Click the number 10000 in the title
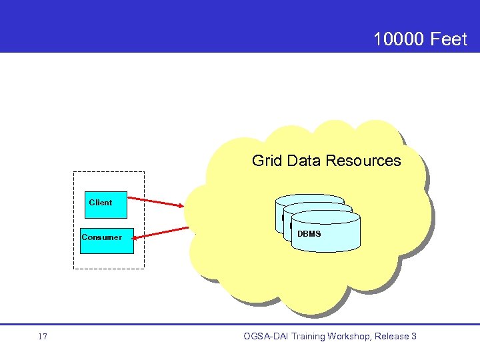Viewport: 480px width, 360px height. click(399, 39)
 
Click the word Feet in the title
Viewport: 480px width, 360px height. click(449, 39)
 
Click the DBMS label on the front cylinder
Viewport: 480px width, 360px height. click(309, 234)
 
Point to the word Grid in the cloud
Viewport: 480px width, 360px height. click(265, 161)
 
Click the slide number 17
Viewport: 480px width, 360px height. click(43, 337)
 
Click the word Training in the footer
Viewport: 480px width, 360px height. click(308, 337)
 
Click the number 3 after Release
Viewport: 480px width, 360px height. click(414, 337)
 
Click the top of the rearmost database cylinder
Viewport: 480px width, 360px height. click(309, 199)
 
